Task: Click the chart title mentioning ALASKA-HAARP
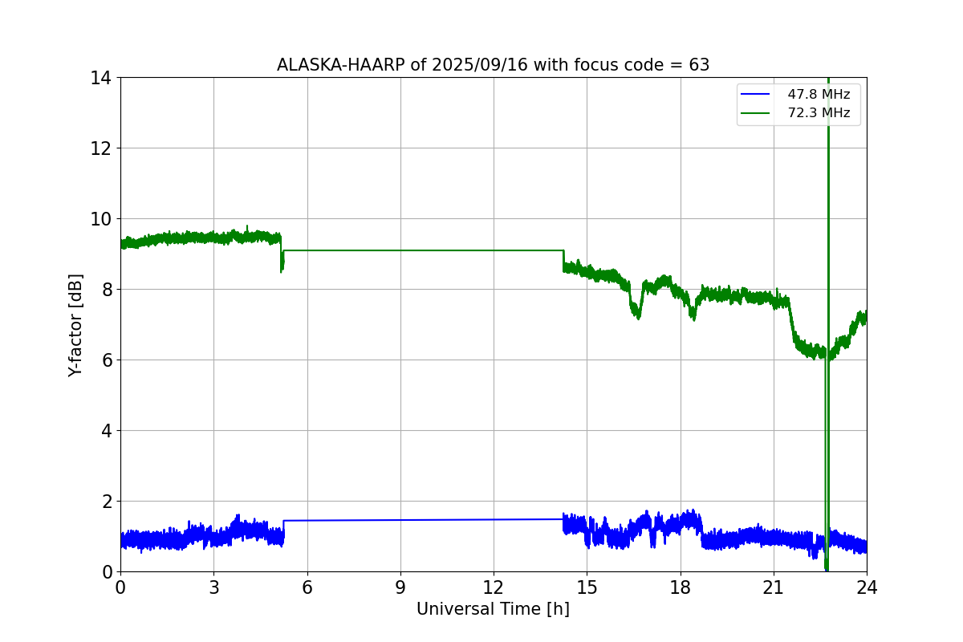coord(493,65)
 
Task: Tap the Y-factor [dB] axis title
coord(75,324)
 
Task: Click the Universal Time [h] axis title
coord(493,609)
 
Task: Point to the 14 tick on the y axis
coord(102,78)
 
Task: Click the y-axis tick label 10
coord(102,219)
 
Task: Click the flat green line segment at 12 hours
coord(494,250)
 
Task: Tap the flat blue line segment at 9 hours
coord(400,520)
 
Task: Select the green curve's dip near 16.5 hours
coord(636,314)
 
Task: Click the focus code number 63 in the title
coord(699,65)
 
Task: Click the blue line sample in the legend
coord(755,95)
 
